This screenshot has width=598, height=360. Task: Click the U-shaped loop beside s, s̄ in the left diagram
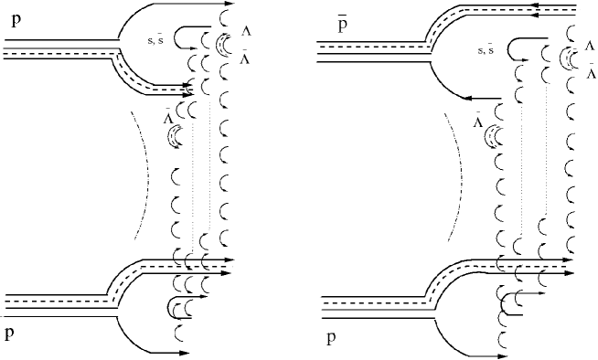[x=183, y=37]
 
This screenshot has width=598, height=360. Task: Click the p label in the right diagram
[x=330, y=339]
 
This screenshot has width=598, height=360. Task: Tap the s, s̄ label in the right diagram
[x=492, y=52]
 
